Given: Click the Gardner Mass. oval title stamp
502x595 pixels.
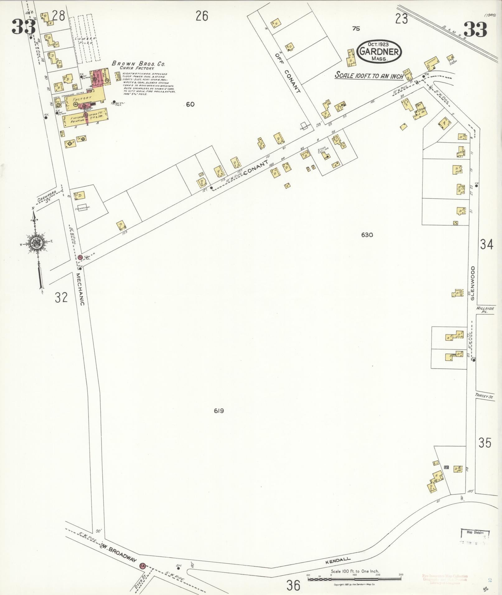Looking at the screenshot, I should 379,51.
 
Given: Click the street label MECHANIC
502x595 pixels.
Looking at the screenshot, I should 80,289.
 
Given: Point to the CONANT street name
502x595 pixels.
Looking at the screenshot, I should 256,168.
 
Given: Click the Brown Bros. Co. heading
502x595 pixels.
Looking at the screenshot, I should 138,64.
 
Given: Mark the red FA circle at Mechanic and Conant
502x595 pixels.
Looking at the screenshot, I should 80,257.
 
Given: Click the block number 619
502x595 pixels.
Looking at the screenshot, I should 219,411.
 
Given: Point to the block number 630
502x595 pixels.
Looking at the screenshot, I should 367,235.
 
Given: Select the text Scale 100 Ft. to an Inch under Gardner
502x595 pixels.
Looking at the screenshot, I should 369,75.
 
